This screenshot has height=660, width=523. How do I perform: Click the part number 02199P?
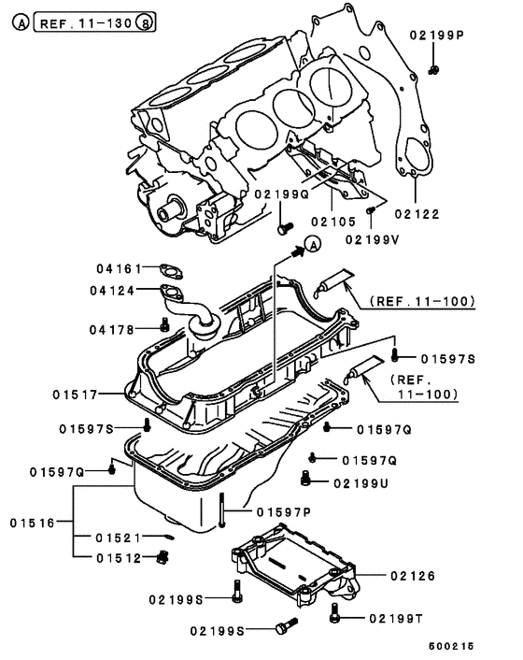(436, 35)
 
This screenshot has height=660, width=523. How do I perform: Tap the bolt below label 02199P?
(434, 70)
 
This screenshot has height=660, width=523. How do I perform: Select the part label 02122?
(417, 214)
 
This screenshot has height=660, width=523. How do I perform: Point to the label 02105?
(333, 222)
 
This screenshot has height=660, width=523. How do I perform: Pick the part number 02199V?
(373, 239)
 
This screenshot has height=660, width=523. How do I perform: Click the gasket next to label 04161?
(171, 271)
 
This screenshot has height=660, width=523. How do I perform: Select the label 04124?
(112, 291)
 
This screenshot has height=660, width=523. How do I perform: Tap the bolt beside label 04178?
(164, 324)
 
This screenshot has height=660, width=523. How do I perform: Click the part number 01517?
(75, 395)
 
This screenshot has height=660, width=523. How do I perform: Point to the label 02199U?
(360, 483)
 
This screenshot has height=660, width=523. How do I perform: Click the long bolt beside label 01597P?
(221, 509)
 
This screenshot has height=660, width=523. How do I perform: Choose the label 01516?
(33, 523)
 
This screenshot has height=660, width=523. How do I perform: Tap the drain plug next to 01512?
(163, 557)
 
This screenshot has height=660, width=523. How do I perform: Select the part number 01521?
(118, 538)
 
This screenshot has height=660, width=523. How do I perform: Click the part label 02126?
(413, 575)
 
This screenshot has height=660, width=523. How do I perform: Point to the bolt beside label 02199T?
(334, 612)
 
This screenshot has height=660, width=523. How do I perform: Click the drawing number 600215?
(451, 646)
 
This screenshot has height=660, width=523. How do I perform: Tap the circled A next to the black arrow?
(313, 244)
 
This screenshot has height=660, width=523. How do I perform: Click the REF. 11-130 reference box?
(94, 22)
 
